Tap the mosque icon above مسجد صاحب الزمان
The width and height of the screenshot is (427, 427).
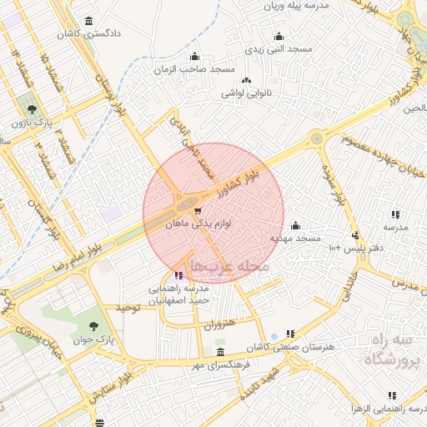click(x=194, y=57)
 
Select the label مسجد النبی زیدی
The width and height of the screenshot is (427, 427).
click(x=278, y=49)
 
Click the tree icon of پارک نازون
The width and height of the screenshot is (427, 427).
click(x=32, y=109)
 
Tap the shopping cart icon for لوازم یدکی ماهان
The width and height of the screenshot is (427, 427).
click(x=198, y=211)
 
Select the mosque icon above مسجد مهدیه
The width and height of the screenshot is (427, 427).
click(x=294, y=225)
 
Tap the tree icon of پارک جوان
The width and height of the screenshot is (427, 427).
click(x=92, y=326)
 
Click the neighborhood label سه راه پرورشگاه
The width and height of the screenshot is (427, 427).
click(x=393, y=352)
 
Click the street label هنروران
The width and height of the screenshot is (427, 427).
click(x=219, y=323)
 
